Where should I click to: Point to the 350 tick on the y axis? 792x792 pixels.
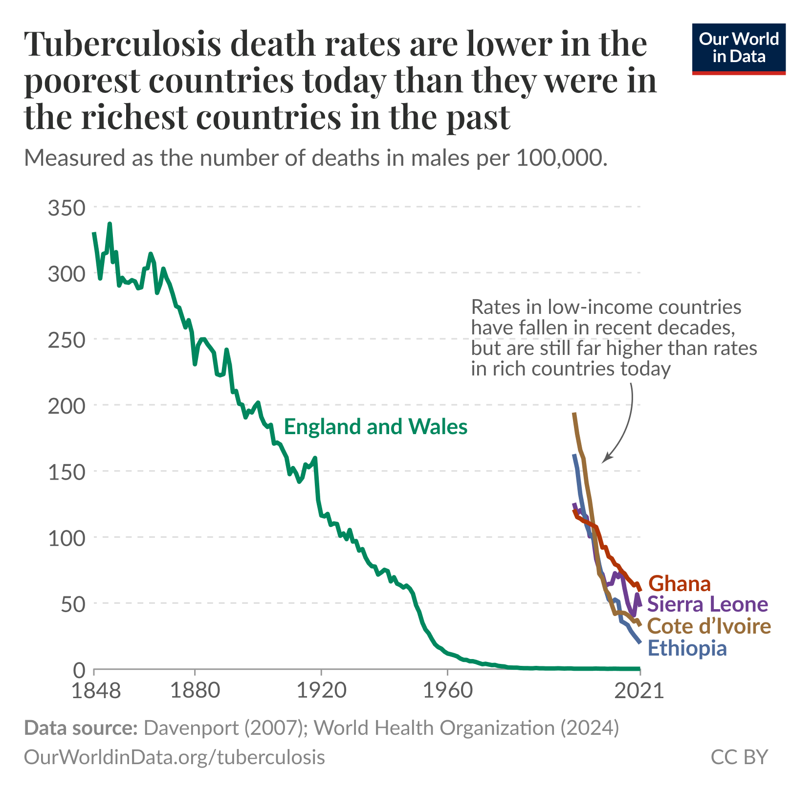pyautogui.click(x=66, y=207)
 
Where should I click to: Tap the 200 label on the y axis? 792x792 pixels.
pyautogui.click(x=66, y=405)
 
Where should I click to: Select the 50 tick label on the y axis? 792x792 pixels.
pyautogui.click(x=72, y=604)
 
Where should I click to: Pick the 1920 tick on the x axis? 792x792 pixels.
pyautogui.click(x=321, y=691)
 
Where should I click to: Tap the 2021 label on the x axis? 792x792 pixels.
pyautogui.click(x=640, y=691)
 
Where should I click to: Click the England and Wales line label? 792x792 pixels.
pyautogui.click(x=375, y=427)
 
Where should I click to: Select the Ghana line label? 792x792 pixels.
pyautogui.click(x=680, y=584)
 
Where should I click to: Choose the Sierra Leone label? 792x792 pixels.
pyautogui.click(x=708, y=604)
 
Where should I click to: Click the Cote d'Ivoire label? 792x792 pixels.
pyautogui.click(x=709, y=626)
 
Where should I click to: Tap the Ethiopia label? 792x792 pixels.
pyautogui.click(x=687, y=648)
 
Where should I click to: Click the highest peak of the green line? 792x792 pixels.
pyautogui.click(x=110, y=224)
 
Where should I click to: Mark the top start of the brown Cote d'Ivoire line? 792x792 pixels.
pyautogui.click(x=574, y=414)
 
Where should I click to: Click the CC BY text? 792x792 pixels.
pyautogui.click(x=739, y=757)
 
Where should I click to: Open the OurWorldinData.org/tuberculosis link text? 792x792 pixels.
pyautogui.click(x=175, y=757)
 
